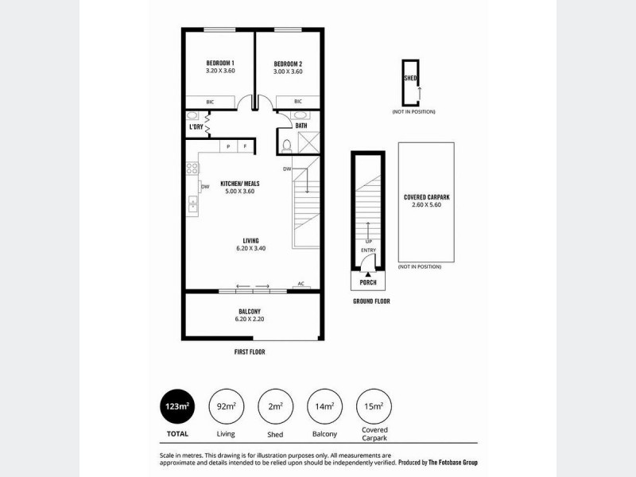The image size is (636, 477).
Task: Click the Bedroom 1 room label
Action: pos(219,63)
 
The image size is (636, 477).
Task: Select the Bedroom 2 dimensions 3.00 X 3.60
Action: pos(288,72)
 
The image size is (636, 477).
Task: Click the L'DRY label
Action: pos(196,126)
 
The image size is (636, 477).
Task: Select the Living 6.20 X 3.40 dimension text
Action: pos(251,249)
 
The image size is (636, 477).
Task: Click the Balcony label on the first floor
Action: pos(250,311)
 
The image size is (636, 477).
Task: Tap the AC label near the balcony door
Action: pos(301,284)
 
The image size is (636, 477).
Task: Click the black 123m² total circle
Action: pos(177,408)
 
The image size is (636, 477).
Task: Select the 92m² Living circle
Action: pos(225,408)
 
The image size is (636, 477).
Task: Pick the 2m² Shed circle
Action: pos(275,408)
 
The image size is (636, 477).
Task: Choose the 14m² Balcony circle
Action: pos(324,408)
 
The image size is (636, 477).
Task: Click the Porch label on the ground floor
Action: pos(368,282)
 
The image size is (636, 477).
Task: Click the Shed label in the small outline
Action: pos(410,79)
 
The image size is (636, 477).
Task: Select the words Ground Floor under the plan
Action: pos(371,302)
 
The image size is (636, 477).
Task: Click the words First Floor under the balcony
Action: pos(250,351)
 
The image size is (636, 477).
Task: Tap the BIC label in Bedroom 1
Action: pos(211,102)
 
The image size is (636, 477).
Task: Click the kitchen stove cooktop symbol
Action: pos(191,169)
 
